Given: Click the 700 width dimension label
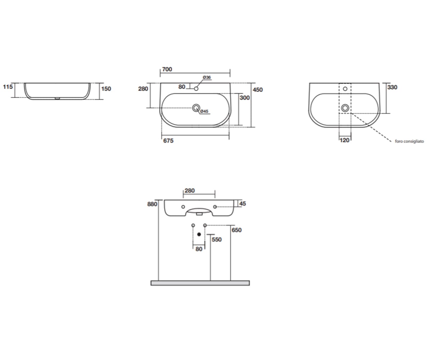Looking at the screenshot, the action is (167, 69).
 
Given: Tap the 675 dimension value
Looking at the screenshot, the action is (168, 141).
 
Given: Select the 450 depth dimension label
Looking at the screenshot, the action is (258, 90).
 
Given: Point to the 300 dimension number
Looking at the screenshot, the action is (244, 98).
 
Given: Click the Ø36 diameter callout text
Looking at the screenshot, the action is (207, 77).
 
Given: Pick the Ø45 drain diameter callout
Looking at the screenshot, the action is (204, 111).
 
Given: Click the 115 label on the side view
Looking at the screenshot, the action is (8, 87).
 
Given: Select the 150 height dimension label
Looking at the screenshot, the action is (106, 89).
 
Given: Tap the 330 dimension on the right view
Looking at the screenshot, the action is (392, 87).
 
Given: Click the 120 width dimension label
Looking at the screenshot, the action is (345, 140).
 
